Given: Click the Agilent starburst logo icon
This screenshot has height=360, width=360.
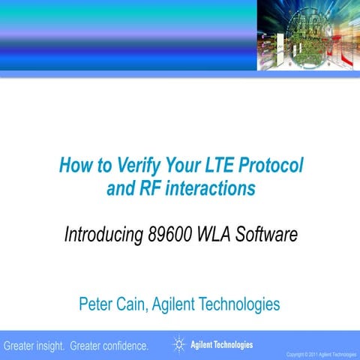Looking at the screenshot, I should pyautogui.click(x=179, y=345).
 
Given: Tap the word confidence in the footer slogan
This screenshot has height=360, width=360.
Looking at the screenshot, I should pyautogui.click(x=121, y=346).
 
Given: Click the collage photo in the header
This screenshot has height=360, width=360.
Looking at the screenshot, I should pyautogui.click(x=308, y=35).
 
